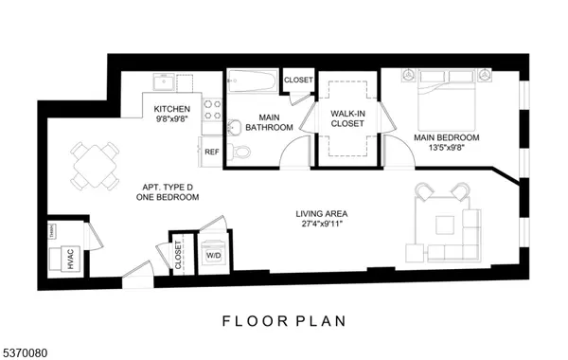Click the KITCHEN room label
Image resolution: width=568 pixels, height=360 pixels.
172,110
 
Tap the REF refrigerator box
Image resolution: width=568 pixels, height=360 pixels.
211,152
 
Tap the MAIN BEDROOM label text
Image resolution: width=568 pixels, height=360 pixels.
446,138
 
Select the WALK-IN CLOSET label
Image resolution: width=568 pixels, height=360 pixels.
347,119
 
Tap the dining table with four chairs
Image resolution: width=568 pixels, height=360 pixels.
97,165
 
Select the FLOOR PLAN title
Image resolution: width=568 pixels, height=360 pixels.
284,320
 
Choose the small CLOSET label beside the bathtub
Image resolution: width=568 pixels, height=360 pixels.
298,81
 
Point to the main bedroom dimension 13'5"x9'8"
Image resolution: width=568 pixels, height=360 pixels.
446,149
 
